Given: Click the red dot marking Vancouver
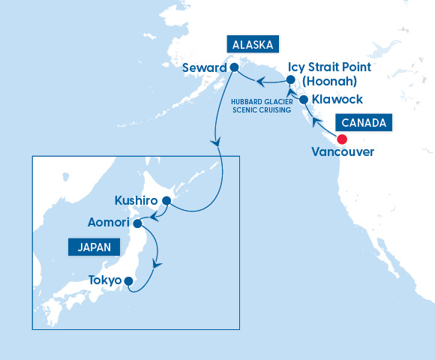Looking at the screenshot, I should (x=342, y=139).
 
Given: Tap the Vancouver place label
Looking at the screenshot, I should (x=342, y=153).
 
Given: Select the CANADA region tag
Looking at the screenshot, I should (x=364, y=122).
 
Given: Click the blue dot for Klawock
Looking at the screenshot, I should (x=304, y=99).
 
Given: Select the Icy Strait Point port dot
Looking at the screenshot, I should (x=290, y=77).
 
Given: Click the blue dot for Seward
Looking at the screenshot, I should (x=233, y=67).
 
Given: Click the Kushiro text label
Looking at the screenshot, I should (x=136, y=201).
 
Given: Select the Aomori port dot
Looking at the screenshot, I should (x=137, y=223).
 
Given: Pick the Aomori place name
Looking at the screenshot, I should (x=108, y=223).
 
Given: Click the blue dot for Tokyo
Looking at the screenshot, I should (x=128, y=282).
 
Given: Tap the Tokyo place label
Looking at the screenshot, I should (x=105, y=281).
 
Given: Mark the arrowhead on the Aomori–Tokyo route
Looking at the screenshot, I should (x=157, y=265).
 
